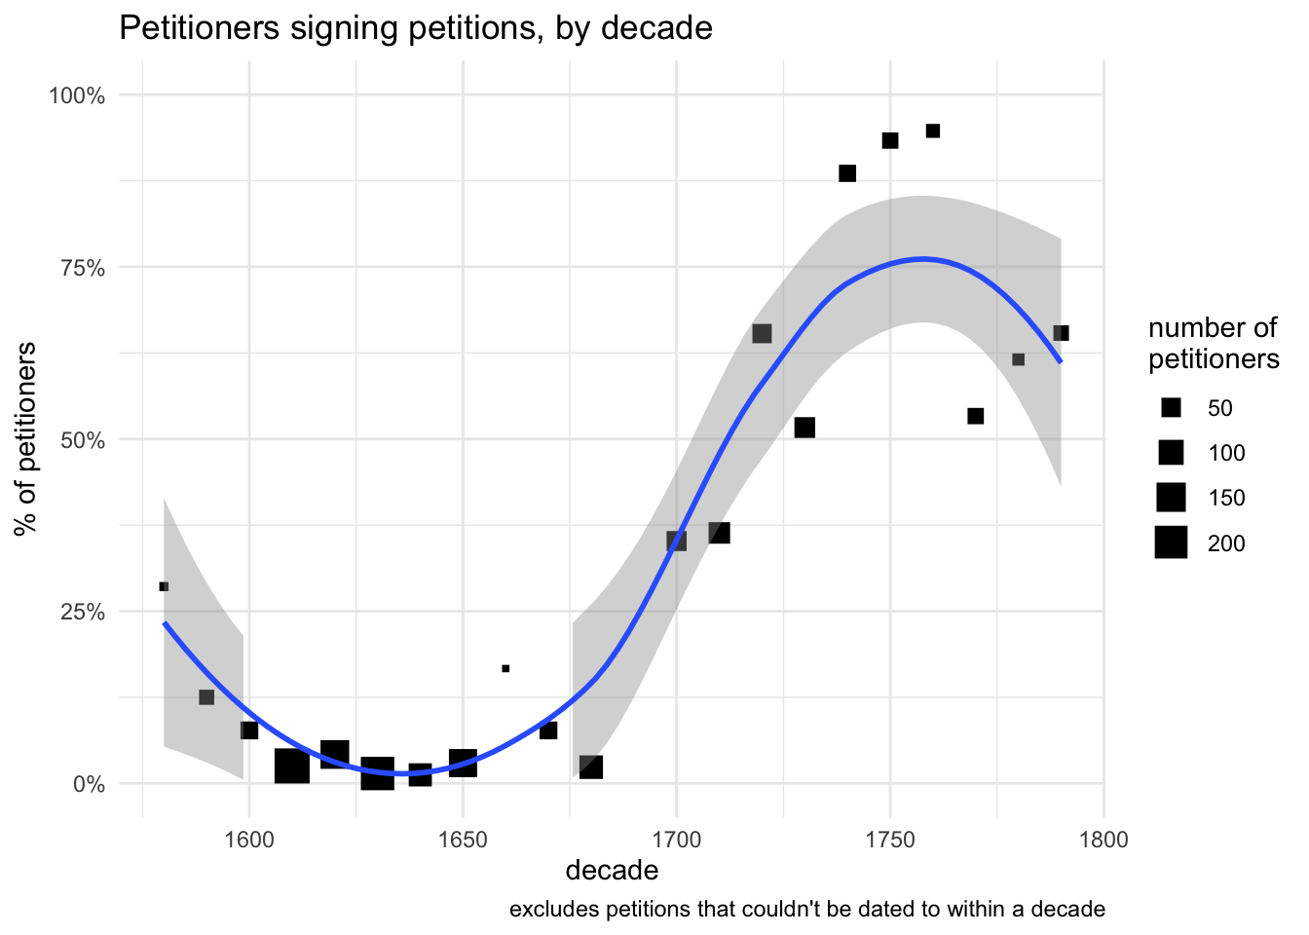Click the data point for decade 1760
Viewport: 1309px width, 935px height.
click(932, 131)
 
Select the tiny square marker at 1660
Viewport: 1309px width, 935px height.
click(505, 668)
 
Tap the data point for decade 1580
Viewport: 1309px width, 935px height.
click(164, 586)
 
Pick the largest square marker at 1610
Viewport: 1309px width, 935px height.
click(291, 767)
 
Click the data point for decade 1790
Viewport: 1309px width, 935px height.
click(1061, 333)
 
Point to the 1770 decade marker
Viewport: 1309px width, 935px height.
click(975, 416)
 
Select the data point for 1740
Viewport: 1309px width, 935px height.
click(847, 173)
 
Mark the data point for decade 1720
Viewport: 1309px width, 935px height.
click(762, 334)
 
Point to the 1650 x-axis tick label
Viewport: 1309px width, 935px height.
click(463, 840)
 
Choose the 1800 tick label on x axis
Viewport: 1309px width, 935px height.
click(1103, 840)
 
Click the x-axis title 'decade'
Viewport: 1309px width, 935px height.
click(612, 870)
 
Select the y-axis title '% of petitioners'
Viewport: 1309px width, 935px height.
click(27, 438)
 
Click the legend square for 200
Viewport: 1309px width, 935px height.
click(1171, 542)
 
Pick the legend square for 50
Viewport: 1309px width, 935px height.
click(1171, 408)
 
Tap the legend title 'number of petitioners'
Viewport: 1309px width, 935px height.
click(1213, 344)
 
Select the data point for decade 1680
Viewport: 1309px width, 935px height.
click(591, 767)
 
